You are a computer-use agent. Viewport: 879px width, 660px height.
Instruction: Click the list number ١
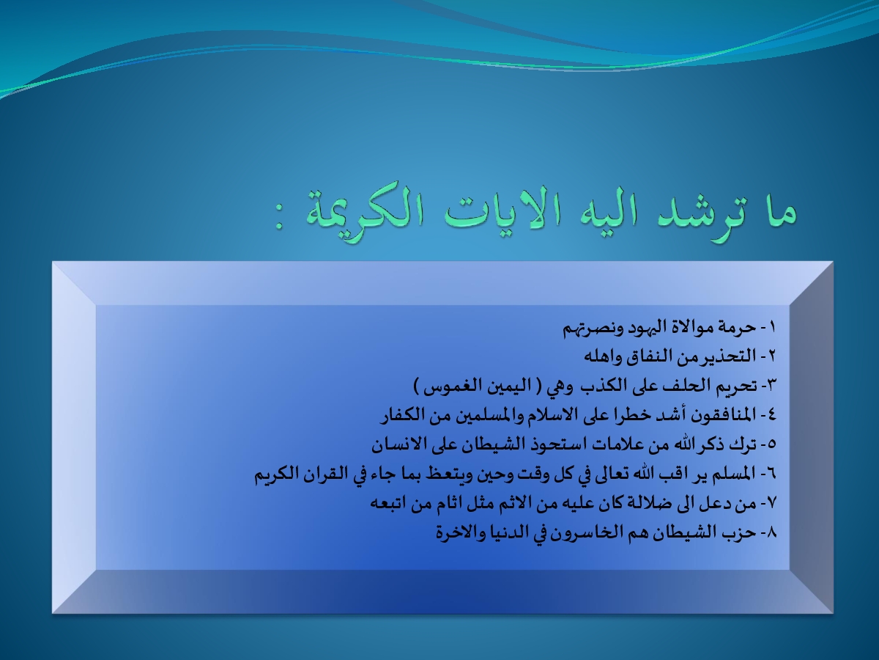(772, 327)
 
